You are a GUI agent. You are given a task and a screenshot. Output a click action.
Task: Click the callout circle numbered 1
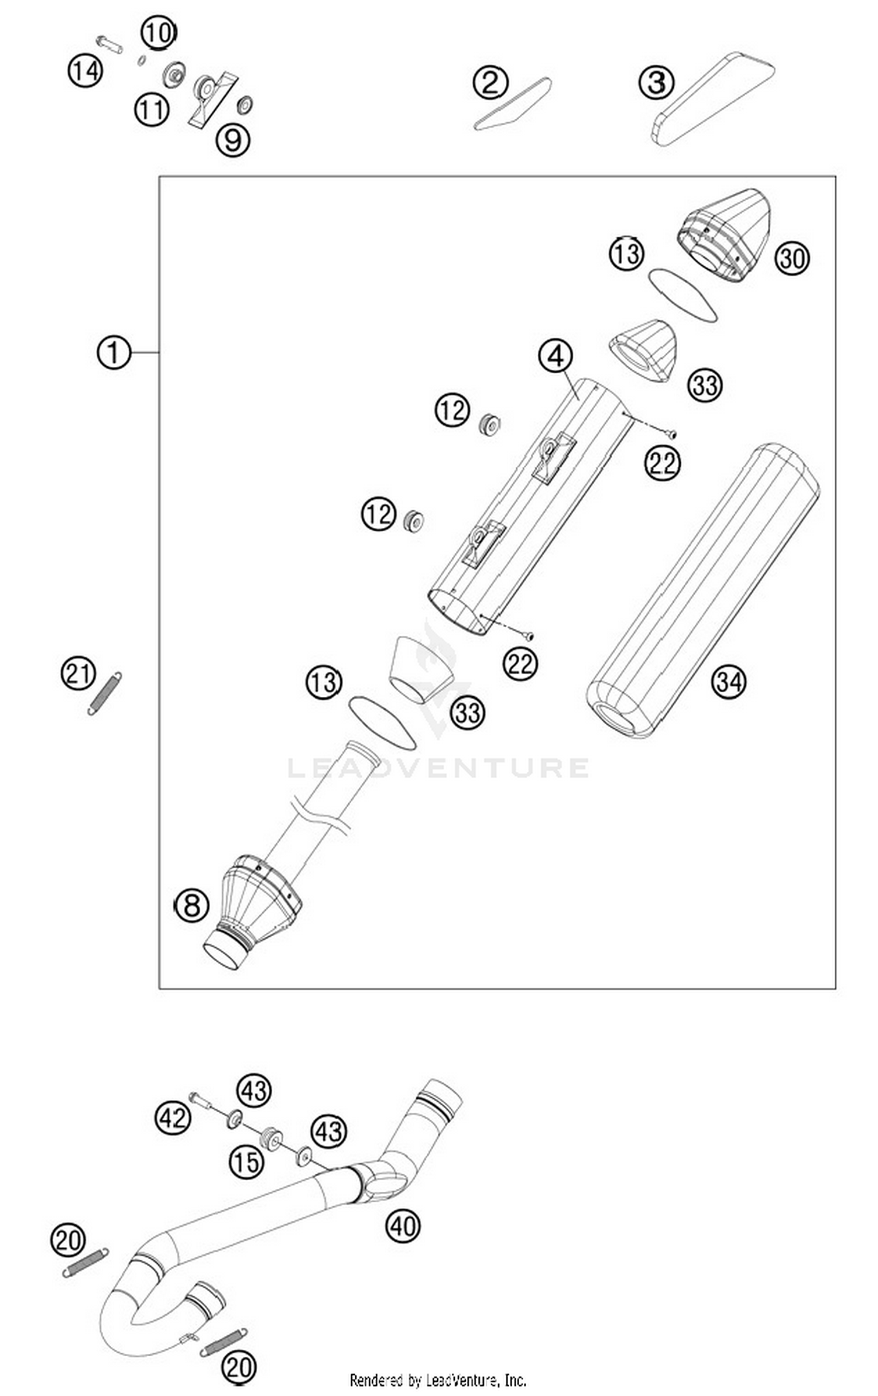pos(113,352)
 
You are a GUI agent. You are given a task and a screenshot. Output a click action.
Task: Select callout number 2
pos(490,82)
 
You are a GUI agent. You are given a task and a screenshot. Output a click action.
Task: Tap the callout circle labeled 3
pos(656,82)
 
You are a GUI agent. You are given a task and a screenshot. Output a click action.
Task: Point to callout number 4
pos(556,356)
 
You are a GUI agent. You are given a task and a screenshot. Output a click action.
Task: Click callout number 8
pos(191,906)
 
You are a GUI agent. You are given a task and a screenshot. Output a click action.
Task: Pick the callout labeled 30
pos(792,258)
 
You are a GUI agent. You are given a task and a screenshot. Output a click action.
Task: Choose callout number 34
pos(728,682)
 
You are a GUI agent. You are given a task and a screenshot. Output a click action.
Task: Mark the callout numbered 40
pos(403,1225)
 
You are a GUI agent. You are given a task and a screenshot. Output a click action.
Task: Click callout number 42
pos(173,1118)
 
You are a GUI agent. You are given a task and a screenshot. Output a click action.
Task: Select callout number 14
pos(85,71)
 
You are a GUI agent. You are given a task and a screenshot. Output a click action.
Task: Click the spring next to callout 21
pos(105,693)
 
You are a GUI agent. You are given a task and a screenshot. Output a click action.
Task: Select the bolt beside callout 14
pos(109,43)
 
